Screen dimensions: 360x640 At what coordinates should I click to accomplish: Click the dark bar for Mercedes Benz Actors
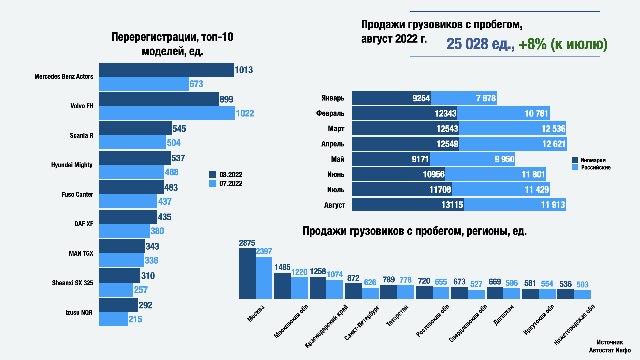click(x=166, y=70)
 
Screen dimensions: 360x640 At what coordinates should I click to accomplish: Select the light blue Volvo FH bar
click(x=167, y=113)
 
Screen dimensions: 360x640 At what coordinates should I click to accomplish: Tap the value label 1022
click(x=245, y=113)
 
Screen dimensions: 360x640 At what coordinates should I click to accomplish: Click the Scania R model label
click(x=81, y=135)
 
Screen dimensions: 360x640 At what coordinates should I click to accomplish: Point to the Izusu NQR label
click(x=79, y=312)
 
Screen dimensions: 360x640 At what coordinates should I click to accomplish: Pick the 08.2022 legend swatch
click(x=212, y=174)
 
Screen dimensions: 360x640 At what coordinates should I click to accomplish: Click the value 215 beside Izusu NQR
click(x=135, y=319)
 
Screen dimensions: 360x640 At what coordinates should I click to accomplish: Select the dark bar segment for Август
click(x=408, y=205)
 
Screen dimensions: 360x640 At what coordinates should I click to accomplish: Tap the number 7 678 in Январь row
click(x=486, y=98)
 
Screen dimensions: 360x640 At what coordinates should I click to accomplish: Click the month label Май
click(x=337, y=159)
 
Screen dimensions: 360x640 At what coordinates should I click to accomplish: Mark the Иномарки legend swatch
click(x=575, y=160)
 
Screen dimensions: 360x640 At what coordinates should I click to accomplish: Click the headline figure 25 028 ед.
click(x=480, y=44)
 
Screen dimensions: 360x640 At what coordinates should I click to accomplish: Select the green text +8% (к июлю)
click(x=563, y=44)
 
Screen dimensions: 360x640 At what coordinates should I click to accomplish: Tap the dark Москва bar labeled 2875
click(x=247, y=273)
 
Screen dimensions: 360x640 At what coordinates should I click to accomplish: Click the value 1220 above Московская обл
click(x=299, y=272)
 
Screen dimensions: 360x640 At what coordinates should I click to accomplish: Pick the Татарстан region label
click(x=397, y=315)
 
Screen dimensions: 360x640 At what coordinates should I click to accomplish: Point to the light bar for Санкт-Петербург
click(x=370, y=293)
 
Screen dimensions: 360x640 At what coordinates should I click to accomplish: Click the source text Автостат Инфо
click(x=610, y=350)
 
